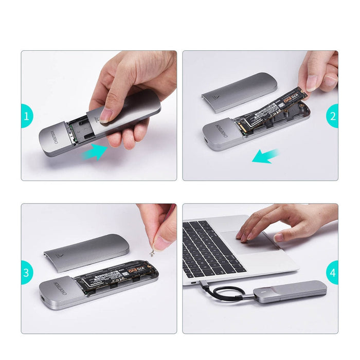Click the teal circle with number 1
click(25, 116)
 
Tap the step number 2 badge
click(334, 116)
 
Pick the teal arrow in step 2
click(265, 156)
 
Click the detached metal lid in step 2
click(239, 93)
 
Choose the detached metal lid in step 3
click(86, 251)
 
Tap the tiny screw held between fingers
click(152, 253)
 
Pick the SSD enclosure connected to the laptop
click(290, 291)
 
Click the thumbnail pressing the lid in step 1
click(106, 114)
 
